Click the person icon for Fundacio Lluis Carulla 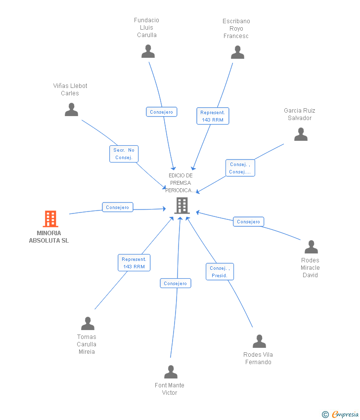coord(148,51)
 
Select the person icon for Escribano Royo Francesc coord(237,52)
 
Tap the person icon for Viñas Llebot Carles coord(72,110)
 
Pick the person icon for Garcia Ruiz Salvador coord(301,134)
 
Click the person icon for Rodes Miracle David coord(311,247)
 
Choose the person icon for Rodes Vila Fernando coord(259,341)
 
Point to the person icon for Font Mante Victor coord(171,372)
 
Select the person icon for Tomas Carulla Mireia coord(88,324)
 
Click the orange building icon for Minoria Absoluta coord(50,219)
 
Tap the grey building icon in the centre coord(182,206)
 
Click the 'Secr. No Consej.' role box coord(124,154)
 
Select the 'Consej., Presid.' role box coord(220,272)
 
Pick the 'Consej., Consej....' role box coord(240,168)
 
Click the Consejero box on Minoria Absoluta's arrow coord(117,208)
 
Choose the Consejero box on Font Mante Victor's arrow coord(176,284)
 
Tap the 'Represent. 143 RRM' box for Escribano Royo coord(213,116)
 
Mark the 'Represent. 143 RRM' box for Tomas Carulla coord(134,263)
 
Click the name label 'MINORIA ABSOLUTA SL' coord(49,237)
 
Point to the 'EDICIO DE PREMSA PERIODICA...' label coord(180,183)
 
